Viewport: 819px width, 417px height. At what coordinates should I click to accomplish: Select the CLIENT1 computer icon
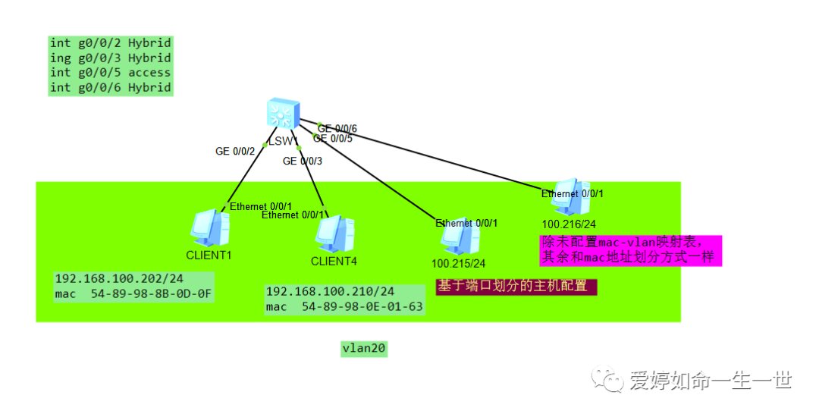209,227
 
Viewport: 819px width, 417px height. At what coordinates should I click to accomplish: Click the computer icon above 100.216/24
571,197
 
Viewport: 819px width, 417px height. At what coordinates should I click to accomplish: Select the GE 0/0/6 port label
338,128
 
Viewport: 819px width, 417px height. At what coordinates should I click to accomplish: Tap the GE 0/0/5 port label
333,138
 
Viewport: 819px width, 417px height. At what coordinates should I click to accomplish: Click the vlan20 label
365,348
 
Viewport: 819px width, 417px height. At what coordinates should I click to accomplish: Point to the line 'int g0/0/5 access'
111,73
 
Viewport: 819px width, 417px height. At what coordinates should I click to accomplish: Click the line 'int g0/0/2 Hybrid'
111,42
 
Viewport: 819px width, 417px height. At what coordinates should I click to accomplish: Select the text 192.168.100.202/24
118,278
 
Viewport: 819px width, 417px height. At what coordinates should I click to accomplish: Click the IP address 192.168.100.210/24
330,291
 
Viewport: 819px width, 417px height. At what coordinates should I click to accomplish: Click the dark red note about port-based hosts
516,287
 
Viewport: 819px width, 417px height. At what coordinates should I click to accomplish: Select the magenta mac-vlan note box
630,250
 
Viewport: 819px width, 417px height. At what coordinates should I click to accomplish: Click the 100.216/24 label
568,224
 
